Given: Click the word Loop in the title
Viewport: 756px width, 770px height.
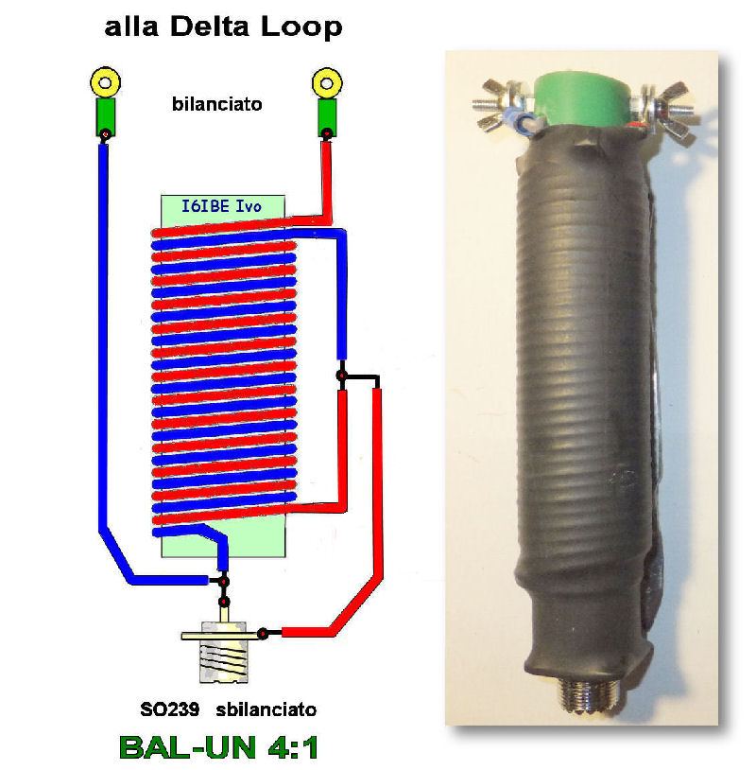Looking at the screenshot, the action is click(x=301, y=27).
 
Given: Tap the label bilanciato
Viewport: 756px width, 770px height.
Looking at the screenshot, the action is click(x=216, y=104).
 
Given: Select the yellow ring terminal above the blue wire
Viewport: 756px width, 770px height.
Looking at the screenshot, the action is click(x=105, y=82).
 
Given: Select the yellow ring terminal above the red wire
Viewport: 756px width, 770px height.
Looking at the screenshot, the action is click(x=327, y=83).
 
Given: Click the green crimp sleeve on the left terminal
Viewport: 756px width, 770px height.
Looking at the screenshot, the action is click(x=105, y=117).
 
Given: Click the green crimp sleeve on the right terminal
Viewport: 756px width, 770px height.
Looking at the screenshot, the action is click(x=327, y=118).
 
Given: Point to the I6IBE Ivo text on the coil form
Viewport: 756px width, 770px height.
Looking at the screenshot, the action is click(x=222, y=206).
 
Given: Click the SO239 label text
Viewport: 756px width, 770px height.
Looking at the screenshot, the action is click(x=170, y=709).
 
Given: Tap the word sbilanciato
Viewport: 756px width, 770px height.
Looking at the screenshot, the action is click(x=266, y=709).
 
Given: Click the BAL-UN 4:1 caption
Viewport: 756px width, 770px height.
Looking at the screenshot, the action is click(x=219, y=747).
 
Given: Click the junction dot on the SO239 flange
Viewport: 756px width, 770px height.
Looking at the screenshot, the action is click(x=263, y=634).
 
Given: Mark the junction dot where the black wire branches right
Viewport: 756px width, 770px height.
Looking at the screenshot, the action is click(x=341, y=376).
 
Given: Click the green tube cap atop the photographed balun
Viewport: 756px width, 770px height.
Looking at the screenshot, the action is click(x=583, y=99).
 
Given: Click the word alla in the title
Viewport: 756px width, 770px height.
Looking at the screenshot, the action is click(x=131, y=27).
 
